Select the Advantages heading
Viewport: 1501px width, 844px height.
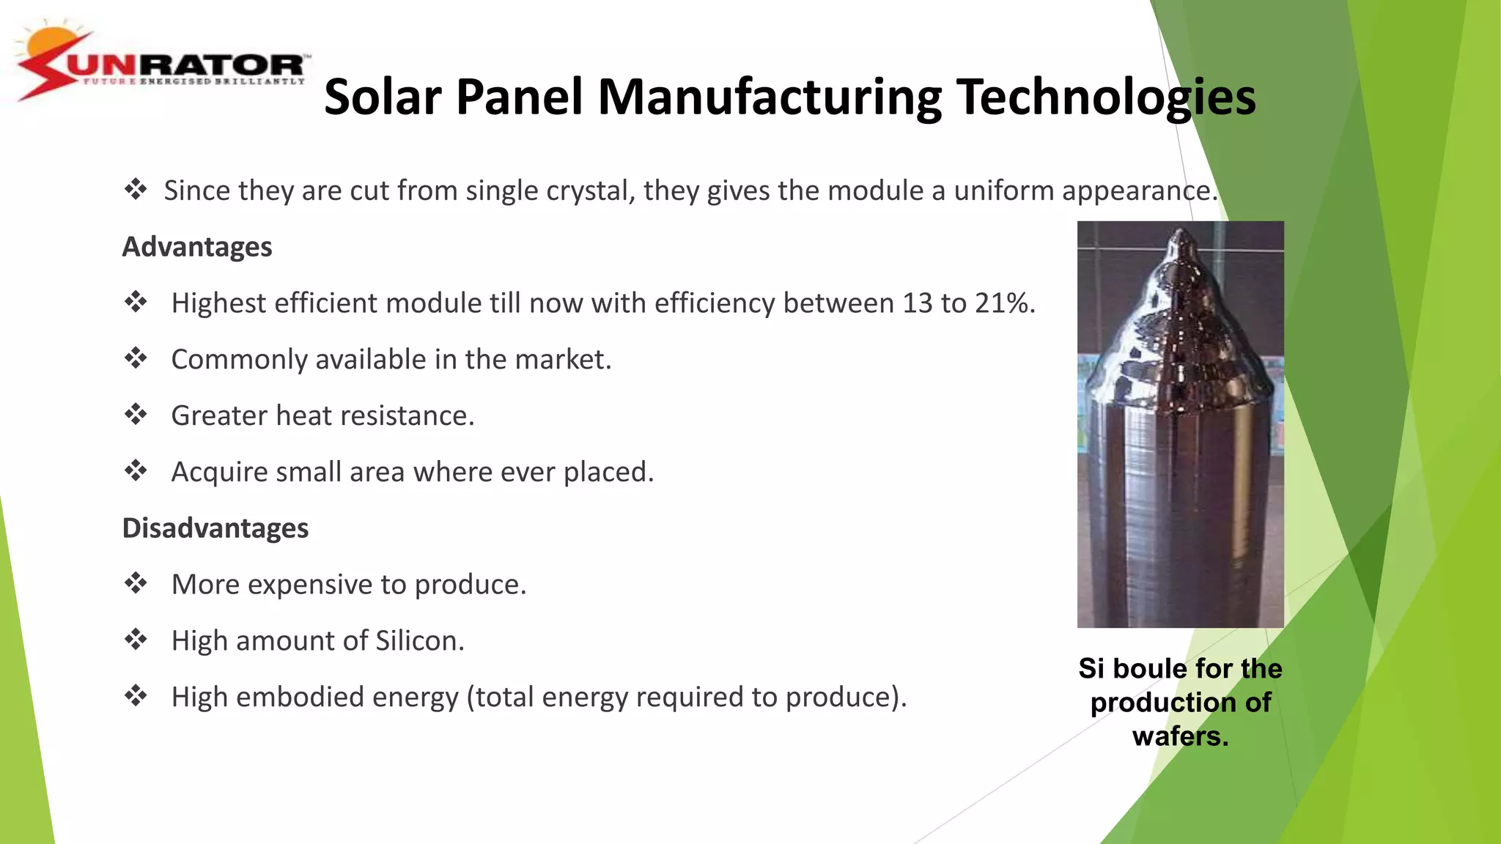click(x=197, y=247)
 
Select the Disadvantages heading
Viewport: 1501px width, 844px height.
click(x=215, y=528)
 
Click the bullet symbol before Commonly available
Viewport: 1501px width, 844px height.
click(x=136, y=359)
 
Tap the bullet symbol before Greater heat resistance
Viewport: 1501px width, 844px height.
click(x=136, y=415)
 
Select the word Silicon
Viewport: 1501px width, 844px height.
click(x=420, y=641)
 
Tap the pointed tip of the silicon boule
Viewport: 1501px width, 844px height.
click(x=1181, y=233)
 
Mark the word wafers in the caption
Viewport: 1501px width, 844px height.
click(x=1180, y=736)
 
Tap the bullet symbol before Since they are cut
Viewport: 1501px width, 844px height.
click(x=136, y=190)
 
